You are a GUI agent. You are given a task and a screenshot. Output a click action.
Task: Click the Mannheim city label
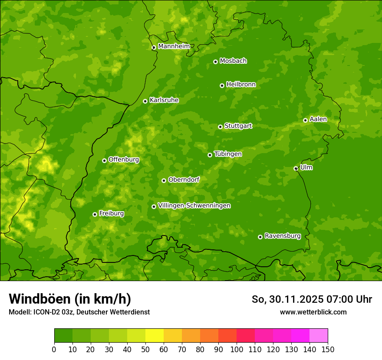174,46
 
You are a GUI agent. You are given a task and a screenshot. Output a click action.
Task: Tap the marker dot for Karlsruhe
145,101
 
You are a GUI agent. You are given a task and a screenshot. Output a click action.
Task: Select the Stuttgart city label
238,126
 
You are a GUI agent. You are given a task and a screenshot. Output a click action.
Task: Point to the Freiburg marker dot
95,214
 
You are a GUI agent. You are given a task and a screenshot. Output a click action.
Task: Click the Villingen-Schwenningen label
194,206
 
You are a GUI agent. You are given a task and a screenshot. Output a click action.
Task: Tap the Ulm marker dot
296,168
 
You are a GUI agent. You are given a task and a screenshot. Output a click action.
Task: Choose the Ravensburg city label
282,236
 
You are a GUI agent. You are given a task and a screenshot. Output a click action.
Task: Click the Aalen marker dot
305,120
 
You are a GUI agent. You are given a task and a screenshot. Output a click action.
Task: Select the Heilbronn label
241,85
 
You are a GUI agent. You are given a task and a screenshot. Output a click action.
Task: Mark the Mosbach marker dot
215,62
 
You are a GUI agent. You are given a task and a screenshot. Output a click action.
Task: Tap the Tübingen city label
228,154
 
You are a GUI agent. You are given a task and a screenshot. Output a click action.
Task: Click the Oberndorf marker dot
164,180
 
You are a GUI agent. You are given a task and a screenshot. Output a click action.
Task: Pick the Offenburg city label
124,160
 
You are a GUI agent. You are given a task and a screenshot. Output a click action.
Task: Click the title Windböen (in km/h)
70,299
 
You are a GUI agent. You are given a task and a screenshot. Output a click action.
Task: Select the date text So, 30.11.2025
287,299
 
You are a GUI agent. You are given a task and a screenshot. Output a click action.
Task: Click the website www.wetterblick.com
313,312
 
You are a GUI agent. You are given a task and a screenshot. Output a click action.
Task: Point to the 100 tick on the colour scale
237,349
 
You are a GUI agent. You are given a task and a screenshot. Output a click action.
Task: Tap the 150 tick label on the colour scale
328,350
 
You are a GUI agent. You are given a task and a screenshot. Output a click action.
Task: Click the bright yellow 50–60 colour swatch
155,336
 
